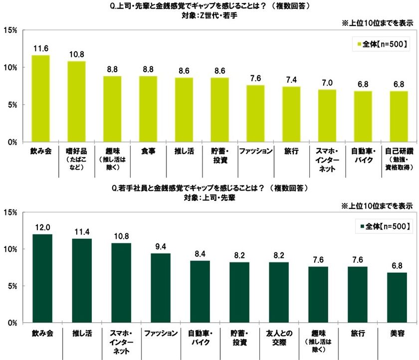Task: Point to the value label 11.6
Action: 40,49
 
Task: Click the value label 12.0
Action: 42,227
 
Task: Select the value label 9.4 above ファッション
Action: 161,247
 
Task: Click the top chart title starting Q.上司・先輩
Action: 209,6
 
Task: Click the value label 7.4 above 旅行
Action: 291,80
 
